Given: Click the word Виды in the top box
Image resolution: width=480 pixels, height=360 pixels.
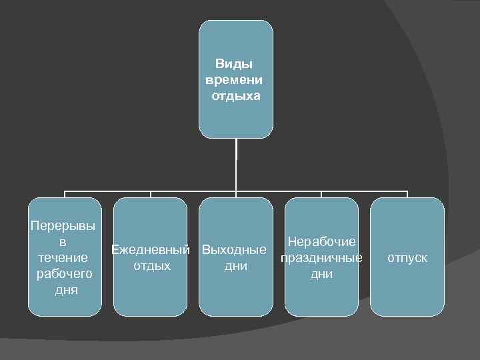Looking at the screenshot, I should (x=235, y=65).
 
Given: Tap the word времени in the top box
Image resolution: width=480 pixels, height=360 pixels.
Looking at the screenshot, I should (x=235, y=80).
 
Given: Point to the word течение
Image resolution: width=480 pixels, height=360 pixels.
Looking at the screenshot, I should (x=64, y=257).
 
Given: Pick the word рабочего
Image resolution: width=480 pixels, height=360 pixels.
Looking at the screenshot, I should (x=64, y=273).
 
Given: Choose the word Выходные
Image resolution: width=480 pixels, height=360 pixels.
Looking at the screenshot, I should (x=235, y=251).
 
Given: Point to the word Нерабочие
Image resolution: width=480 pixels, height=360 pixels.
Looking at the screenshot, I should (x=322, y=242).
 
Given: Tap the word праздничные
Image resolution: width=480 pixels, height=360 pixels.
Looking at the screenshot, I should (x=322, y=258).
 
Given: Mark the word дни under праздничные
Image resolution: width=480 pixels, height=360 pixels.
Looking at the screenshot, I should (x=322, y=274).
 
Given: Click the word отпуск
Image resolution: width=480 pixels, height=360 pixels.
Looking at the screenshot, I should (x=408, y=257).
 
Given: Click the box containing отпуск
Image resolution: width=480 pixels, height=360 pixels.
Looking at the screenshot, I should (x=407, y=293).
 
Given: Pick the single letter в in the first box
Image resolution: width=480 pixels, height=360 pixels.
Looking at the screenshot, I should (x=65, y=241).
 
